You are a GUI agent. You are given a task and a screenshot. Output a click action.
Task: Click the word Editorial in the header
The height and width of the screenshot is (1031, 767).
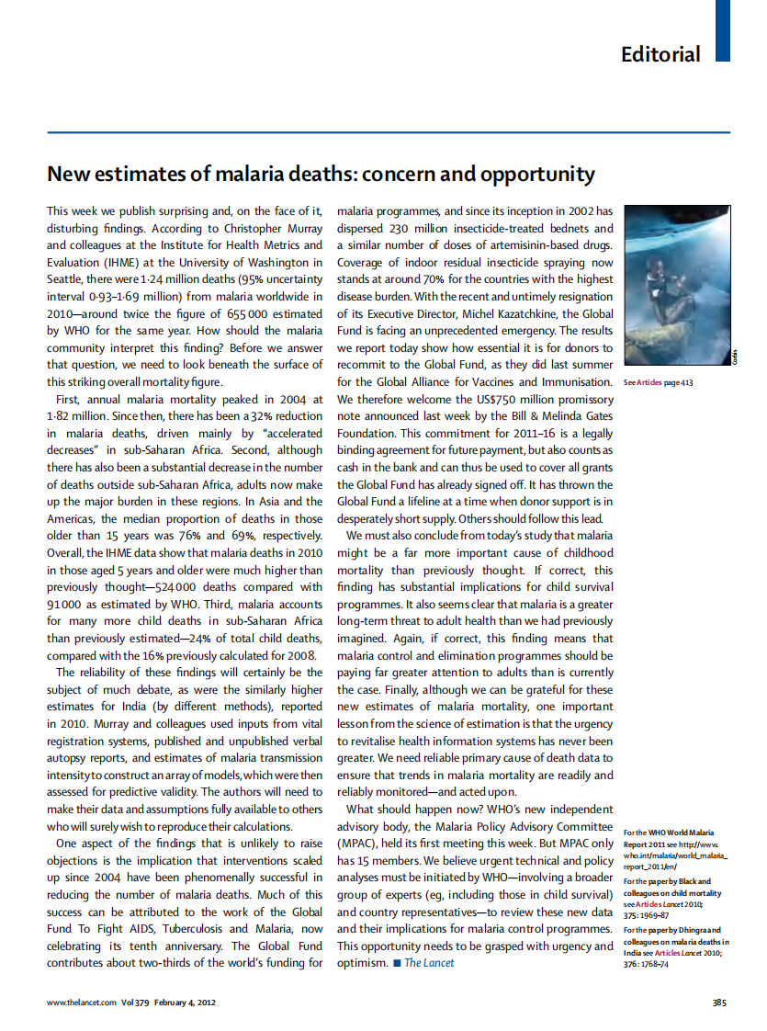pos(660,54)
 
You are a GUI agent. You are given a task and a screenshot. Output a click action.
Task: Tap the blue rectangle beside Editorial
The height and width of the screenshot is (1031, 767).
pos(722,31)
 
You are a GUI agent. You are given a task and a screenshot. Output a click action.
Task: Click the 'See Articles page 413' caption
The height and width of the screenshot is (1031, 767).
pos(658,382)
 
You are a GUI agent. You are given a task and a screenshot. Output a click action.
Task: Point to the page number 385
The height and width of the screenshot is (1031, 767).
pos(720,1002)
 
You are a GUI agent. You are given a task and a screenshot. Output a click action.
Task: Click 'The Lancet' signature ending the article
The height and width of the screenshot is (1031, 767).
pos(429,963)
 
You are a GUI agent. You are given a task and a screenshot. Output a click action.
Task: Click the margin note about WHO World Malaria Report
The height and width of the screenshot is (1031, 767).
pos(675,849)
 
